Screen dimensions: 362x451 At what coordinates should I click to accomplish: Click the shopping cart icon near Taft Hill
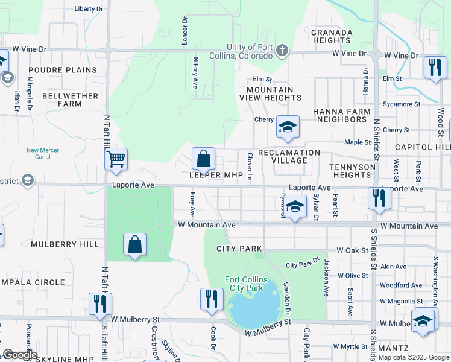click(x=116, y=160)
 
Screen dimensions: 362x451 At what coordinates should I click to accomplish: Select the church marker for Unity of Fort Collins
click(x=282, y=50)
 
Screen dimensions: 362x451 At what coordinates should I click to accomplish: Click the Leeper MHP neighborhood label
click(x=216, y=176)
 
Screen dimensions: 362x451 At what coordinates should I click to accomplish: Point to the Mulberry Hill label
click(x=55, y=244)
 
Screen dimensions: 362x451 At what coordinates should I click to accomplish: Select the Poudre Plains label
click(x=62, y=70)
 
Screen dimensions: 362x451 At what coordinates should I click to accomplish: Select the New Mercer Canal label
click(x=43, y=154)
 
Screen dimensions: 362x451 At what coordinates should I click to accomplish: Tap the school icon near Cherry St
click(x=288, y=127)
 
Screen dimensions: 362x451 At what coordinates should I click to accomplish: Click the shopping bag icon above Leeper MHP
click(x=204, y=159)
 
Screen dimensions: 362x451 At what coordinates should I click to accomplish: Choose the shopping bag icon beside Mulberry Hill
click(x=134, y=245)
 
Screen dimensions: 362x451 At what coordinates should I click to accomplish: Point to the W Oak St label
click(x=352, y=250)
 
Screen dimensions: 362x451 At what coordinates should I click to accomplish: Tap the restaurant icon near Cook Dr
click(x=211, y=299)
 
